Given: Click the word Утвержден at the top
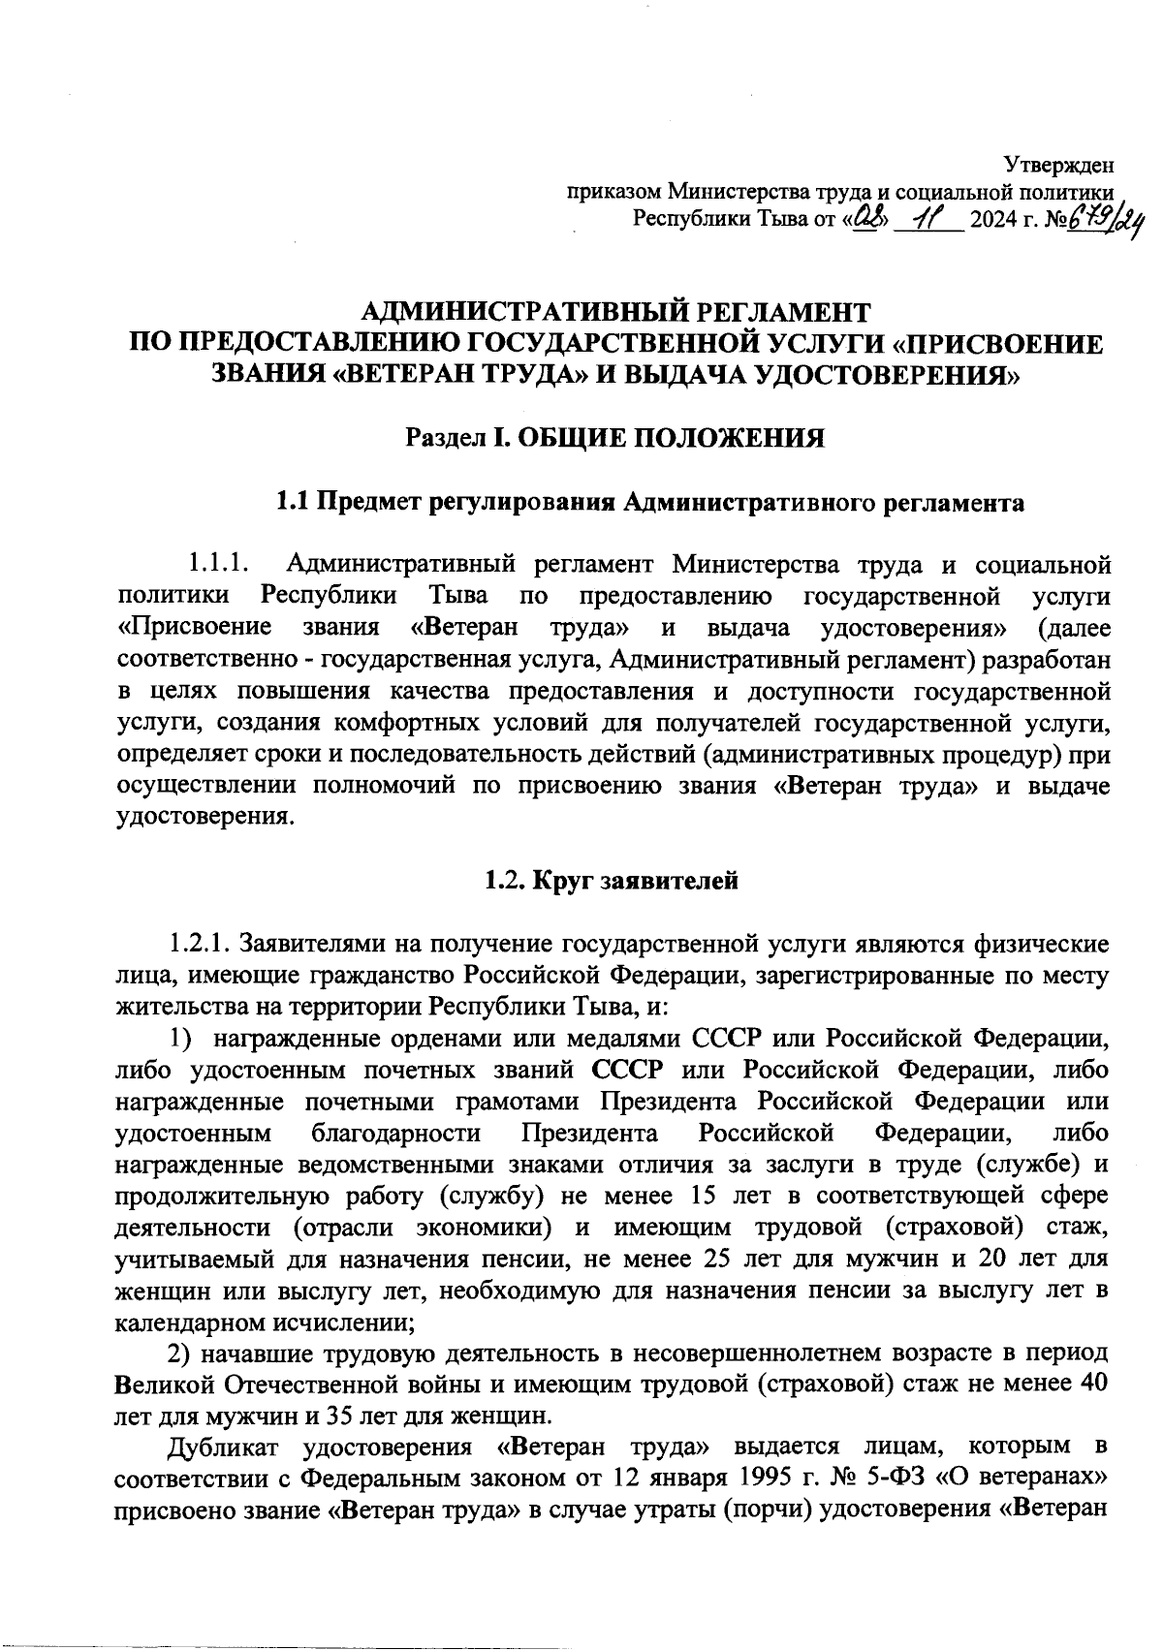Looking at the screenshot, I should coord(1058,166).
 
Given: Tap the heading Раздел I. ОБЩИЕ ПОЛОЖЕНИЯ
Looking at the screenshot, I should coord(614,439).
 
